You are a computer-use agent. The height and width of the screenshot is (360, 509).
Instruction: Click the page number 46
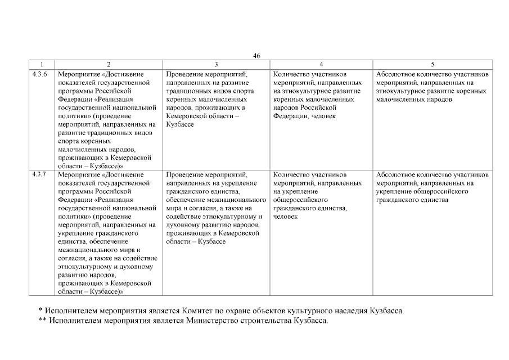256,56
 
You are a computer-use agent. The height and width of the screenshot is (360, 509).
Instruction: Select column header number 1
42,65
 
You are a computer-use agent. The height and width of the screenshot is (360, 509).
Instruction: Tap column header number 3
216,65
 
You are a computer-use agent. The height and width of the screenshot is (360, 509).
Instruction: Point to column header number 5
432,65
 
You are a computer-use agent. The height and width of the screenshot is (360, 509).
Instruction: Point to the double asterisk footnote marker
42,321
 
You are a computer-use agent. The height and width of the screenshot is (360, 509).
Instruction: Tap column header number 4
321,65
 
